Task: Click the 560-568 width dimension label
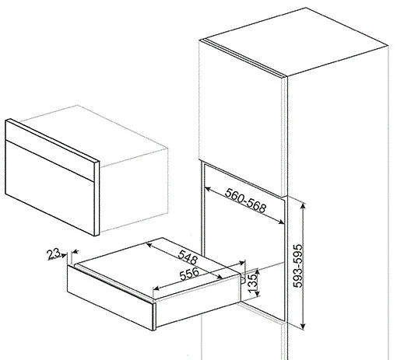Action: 245,200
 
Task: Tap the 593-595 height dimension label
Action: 297,266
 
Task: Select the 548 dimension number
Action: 188,257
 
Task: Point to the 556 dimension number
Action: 189,274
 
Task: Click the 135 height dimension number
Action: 252,283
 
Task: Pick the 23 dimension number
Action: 53,253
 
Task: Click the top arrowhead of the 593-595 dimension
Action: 303,205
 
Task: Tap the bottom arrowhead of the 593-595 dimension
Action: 303,327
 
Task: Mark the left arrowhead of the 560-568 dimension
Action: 207,189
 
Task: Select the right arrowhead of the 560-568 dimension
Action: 281,222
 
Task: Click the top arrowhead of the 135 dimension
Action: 257,271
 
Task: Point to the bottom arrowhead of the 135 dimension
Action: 257,293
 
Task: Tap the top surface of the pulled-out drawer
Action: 158,270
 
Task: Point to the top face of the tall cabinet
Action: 295,42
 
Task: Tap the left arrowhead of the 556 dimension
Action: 156,288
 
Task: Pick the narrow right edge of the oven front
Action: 97,198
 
